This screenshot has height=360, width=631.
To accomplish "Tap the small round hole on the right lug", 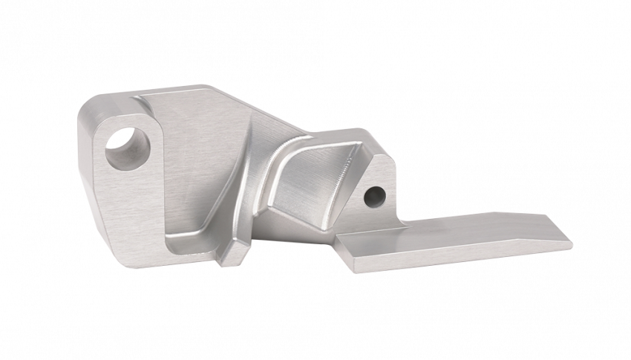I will (375, 196).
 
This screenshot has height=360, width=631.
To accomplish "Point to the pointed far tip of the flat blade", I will (571, 240).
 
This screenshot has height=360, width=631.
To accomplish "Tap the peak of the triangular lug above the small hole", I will (380, 158).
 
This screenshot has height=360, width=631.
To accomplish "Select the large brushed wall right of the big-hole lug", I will (200, 163).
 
